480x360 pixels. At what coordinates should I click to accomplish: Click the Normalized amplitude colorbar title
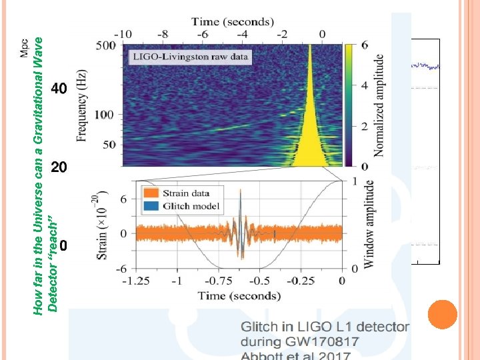tap(379, 106)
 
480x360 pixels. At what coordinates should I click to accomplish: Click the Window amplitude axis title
tap(369, 224)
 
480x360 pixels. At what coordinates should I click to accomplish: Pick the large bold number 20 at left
tap(59, 167)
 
